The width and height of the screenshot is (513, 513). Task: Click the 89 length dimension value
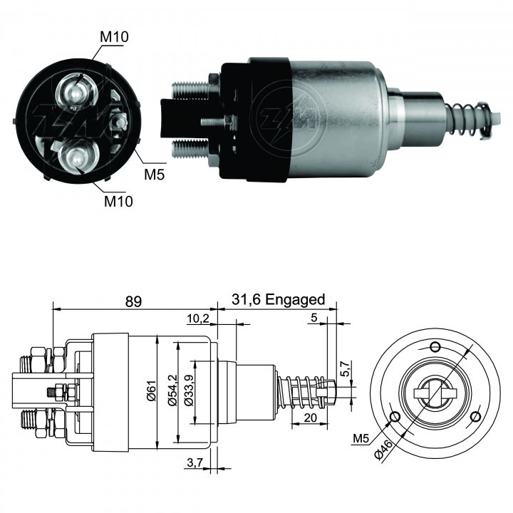coord(133,301)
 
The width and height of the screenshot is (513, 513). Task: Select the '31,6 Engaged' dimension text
coord(279,299)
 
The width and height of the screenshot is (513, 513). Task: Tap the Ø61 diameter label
coord(151,392)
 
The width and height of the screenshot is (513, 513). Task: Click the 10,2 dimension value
coord(198,318)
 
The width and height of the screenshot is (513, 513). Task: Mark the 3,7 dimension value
coord(195,462)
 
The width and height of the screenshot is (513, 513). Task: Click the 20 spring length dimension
coord(310,418)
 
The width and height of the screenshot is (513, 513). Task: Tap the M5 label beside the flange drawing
coord(361,438)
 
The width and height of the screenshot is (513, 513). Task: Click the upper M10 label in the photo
coord(114,37)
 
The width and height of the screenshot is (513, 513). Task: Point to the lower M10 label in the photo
coord(118,201)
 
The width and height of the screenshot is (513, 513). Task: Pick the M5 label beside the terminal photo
coord(154,175)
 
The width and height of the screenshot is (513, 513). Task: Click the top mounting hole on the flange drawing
coord(435,347)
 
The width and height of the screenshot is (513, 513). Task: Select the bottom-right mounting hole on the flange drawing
coord(477,417)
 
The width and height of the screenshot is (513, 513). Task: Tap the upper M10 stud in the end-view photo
coord(76,93)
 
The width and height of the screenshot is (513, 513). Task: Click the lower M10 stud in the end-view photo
coord(78,157)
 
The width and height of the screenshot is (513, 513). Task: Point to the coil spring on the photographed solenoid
coord(468,120)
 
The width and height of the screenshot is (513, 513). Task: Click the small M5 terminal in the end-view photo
coord(120,122)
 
